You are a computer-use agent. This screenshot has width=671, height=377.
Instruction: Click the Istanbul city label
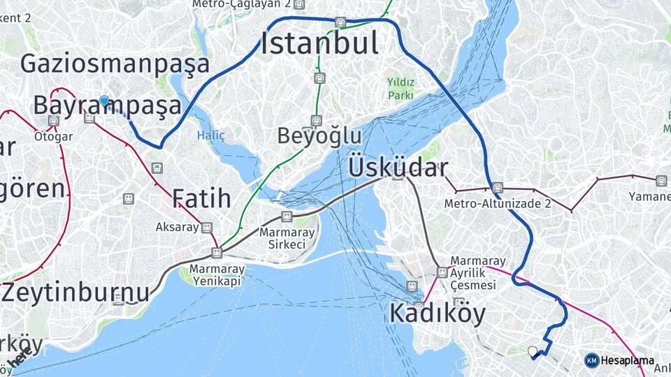[x=320, y=44]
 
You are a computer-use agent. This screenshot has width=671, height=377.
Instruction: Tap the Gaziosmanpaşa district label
[x=115, y=64]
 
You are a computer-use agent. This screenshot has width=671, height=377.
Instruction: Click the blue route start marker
[x=104, y=101]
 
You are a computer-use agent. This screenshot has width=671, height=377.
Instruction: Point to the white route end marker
[x=533, y=351]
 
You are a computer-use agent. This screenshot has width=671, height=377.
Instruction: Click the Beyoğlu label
[x=319, y=135]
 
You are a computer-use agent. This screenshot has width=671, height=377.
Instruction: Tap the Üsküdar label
[x=398, y=168]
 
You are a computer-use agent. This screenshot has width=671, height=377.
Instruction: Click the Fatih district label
[x=201, y=199]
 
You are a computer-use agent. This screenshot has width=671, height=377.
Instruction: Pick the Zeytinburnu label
[x=75, y=292]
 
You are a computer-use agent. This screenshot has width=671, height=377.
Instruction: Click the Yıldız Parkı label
[x=401, y=89]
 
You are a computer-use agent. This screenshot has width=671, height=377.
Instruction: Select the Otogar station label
[x=53, y=136]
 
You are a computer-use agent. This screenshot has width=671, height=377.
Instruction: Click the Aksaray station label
[x=178, y=228]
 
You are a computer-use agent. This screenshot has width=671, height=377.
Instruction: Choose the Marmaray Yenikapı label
[x=217, y=274]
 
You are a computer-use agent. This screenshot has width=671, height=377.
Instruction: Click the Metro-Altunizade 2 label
[x=498, y=204]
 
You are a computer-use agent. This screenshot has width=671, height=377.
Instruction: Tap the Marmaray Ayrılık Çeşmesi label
[x=472, y=273]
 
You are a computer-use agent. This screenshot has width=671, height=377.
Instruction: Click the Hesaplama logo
[x=619, y=360]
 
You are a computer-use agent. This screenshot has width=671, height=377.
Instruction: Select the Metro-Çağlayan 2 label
[x=242, y=4]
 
